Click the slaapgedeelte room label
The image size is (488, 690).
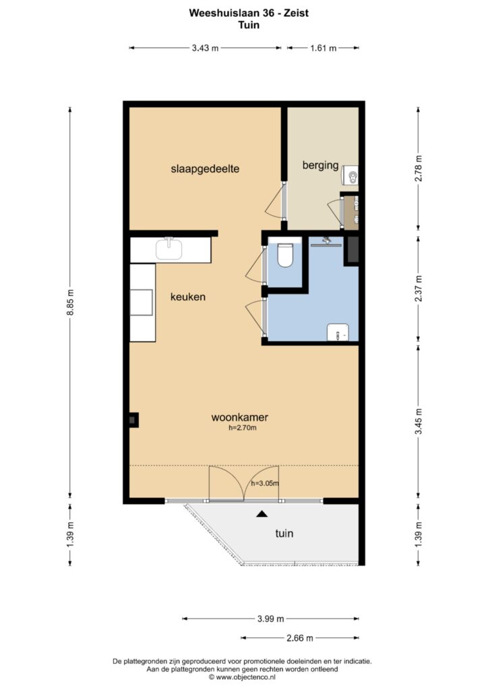pos(205,169)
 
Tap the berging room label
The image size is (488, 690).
pos(320,166)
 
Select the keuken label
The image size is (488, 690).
pos(188,297)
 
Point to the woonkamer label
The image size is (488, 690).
pos(240,417)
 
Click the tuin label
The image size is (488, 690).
pos(284,534)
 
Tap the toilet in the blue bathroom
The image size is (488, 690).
pos(285,255)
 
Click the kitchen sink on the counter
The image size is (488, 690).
pos(169,249)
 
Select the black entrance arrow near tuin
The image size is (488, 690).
pos(262,513)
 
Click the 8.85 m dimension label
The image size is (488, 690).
pos(70,303)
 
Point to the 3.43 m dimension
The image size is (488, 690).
pos(205,48)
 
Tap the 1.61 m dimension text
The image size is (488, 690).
pos(324,48)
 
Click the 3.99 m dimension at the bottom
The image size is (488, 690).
pos(270,619)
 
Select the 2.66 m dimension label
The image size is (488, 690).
pos(300,637)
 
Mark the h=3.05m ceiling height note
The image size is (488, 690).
pos(265,484)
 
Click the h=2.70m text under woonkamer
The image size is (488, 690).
pos(243,427)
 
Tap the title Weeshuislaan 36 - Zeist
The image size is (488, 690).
pos(249,13)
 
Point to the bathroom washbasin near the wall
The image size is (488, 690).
pos(338,333)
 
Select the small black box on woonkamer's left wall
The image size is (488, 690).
pos(133,420)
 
